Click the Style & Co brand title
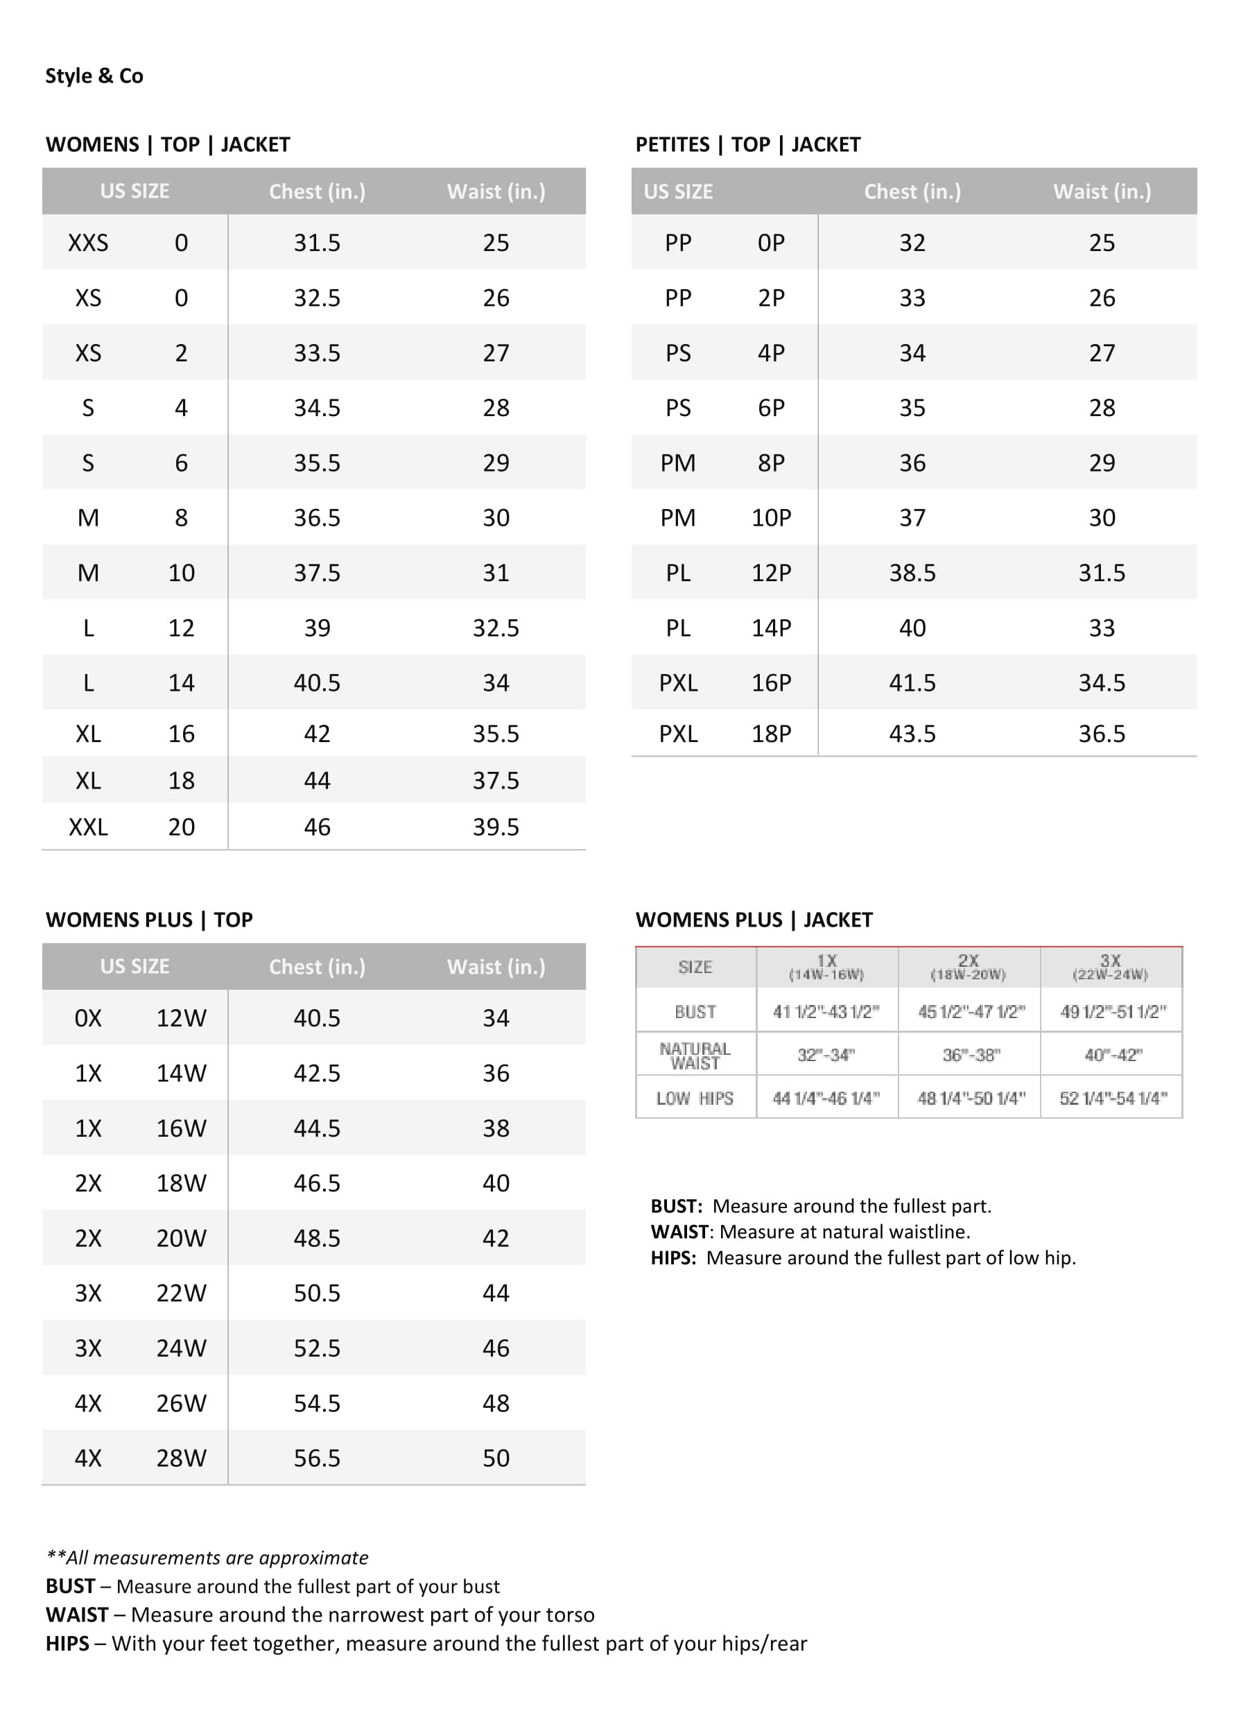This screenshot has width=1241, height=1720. tap(94, 76)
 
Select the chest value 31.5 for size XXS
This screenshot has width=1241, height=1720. tap(317, 243)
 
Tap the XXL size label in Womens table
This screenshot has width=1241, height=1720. tap(88, 827)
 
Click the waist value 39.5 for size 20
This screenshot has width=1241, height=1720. tap(496, 827)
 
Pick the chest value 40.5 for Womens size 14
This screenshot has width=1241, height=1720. tap(317, 682)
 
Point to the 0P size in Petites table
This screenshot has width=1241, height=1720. tap(771, 243)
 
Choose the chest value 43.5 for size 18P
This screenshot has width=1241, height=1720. tap(912, 733)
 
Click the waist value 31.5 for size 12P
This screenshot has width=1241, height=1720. tap(1102, 573)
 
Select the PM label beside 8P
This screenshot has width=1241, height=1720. tap(678, 463)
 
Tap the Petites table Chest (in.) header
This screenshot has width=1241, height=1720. tap(912, 192)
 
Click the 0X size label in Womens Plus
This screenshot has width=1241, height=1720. tap(88, 1017)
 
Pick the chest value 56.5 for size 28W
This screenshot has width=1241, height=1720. tap(317, 1458)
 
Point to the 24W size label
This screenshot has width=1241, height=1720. tap(181, 1348)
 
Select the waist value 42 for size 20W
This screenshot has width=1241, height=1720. tap(496, 1238)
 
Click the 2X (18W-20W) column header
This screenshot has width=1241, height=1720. tap(968, 967)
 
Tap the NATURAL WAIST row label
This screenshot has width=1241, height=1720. tap(695, 1055)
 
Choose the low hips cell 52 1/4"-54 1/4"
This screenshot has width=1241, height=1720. tap(1113, 1098)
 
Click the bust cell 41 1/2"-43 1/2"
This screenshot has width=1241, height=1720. tap(826, 1012)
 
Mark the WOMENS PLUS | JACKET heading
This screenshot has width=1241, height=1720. tap(754, 920)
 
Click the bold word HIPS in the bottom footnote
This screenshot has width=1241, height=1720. tap(67, 1644)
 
